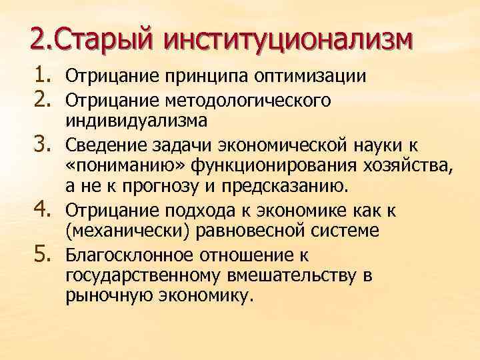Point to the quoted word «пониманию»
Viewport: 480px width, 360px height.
(x=111, y=166)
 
